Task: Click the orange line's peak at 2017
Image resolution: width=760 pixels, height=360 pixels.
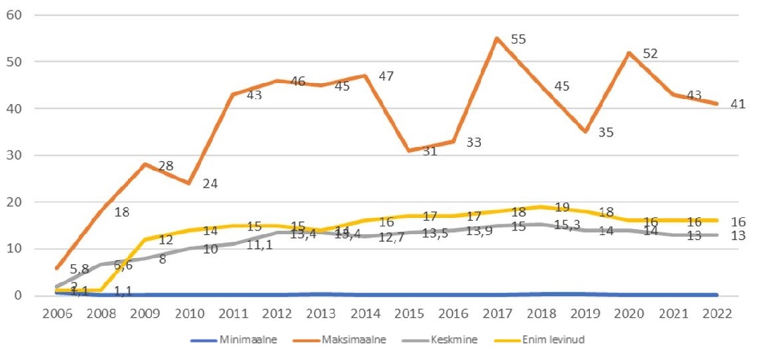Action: pyautogui.click(x=497, y=38)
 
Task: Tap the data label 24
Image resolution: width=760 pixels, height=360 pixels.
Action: pyautogui.click(x=210, y=184)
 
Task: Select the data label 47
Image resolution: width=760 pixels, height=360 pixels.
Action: pyautogui.click(x=387, y=75)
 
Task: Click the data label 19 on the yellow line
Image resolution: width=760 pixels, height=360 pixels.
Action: pyautogui.click(x=562, y=207)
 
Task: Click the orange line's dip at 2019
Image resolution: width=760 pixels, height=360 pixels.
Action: pyautogui.click(x=585, y=131)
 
